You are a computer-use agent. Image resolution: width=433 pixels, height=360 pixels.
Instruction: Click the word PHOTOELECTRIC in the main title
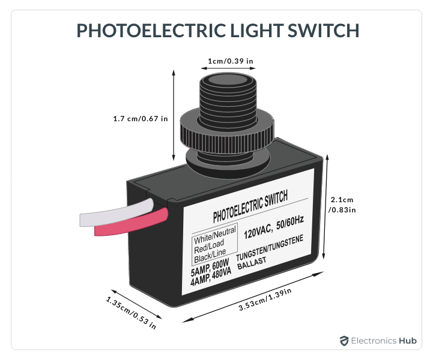151,30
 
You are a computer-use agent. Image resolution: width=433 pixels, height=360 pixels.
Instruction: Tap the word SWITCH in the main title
323,30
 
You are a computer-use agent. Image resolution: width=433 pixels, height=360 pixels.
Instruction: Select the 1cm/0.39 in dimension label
230,61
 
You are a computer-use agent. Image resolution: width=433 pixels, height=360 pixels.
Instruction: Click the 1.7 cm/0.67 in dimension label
141,119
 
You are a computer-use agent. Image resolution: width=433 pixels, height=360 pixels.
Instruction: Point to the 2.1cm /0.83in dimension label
342,205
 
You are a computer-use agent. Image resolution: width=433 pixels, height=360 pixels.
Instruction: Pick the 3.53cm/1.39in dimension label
265,299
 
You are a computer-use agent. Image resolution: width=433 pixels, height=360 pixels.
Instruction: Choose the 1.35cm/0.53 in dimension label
131,313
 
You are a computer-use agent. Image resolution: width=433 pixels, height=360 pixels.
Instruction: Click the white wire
117,212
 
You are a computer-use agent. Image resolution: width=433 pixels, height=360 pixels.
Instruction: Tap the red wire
131,222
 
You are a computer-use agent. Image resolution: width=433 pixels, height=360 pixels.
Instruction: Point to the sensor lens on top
228,79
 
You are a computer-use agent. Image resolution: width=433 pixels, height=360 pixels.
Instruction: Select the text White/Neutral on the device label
215,235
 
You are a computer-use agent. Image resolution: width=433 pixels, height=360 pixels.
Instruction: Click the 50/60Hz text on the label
290,223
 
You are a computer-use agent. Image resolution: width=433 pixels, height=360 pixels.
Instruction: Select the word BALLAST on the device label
252,263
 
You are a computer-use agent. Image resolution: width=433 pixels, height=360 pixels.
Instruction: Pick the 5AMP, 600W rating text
210,268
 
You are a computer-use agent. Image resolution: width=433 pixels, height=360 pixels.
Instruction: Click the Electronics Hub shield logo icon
344,341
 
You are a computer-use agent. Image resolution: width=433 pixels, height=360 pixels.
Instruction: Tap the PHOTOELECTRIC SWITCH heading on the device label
250,206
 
